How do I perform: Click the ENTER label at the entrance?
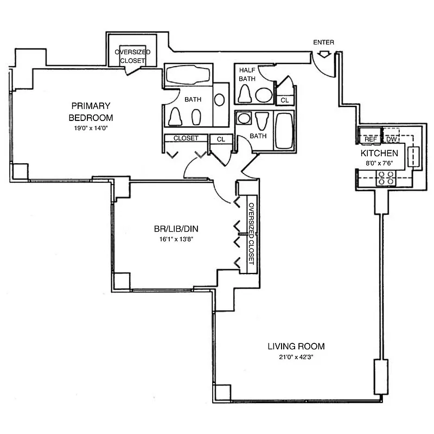(x=324, y=42)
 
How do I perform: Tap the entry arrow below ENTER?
(x=324, y=53)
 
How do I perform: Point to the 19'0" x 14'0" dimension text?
(x=91, y=128)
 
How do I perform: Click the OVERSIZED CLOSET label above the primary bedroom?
(x=132, y=56)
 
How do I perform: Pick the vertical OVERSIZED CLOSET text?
(x=251, y=234)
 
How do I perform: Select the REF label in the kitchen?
(x=371, y=139)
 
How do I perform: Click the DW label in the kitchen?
(x=391, y=139)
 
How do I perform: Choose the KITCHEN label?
(x=380, y=154)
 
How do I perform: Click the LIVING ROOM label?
(x=296, y=346)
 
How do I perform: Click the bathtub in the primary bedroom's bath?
(x=188, y=74)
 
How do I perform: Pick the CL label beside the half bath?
(x=284, y=100)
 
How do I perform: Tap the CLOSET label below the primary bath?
(x=186, y=138)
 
